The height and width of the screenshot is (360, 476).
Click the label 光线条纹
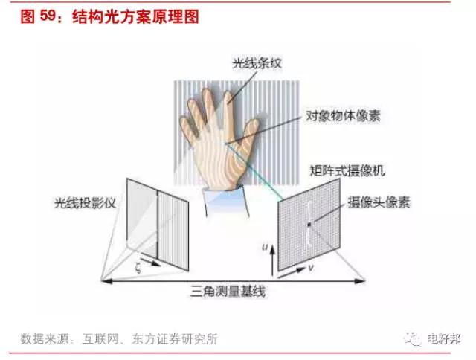257,63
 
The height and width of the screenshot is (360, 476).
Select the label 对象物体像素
343,116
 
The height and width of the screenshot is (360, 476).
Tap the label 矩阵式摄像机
347,170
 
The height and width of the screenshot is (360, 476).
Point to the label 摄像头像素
379,202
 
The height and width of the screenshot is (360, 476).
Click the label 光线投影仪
85,203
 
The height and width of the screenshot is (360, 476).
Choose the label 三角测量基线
228,292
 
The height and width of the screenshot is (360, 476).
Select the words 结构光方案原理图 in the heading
135,16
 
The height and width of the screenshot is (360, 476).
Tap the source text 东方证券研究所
175,339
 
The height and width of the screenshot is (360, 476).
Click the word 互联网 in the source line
100,339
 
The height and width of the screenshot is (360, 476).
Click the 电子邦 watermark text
444,339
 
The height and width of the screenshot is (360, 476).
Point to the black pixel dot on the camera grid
309,225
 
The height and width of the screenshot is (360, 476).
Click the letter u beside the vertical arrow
265,248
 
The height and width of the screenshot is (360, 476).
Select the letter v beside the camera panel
311,269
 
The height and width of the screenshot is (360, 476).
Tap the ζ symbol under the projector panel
138,269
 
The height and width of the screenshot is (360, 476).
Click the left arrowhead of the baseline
106,281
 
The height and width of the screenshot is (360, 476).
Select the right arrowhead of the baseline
360,281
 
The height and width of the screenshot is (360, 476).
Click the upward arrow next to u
273,260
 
